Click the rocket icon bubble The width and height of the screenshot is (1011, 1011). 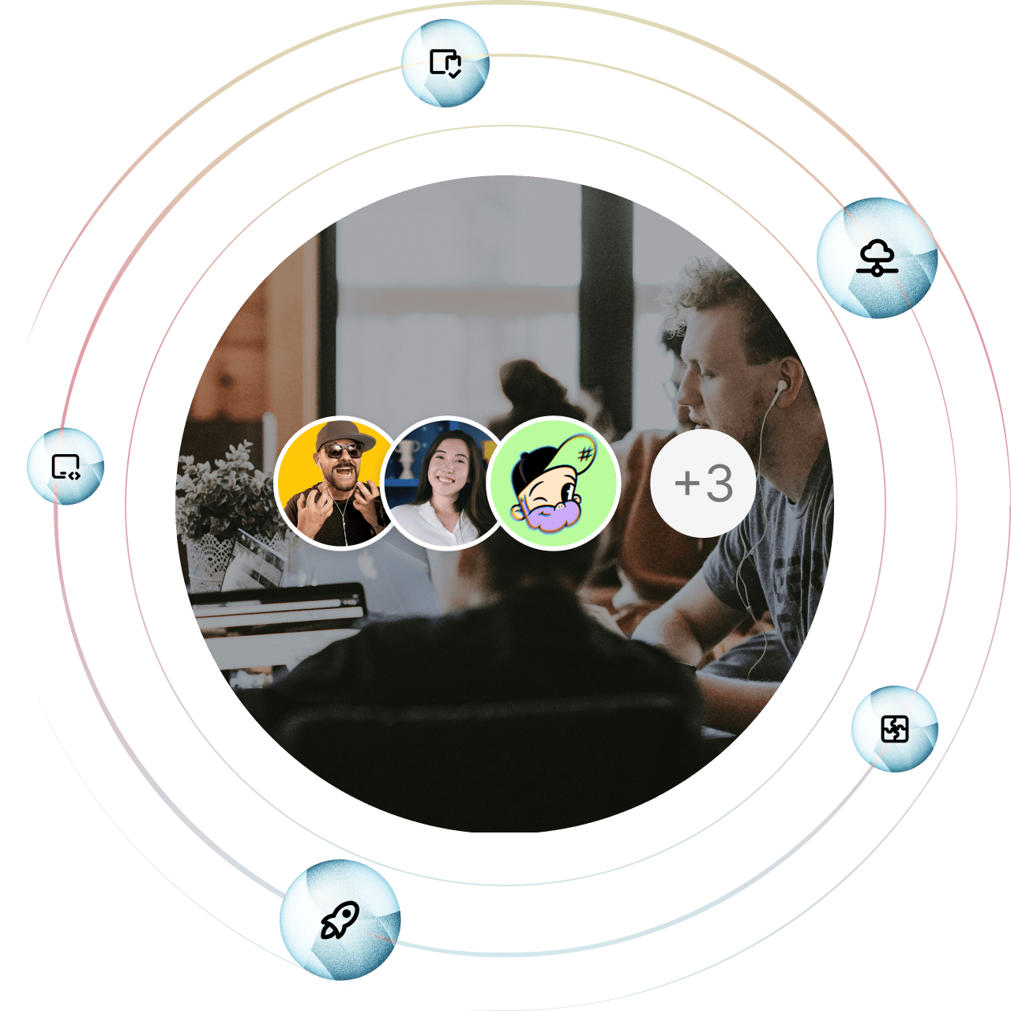[x=340, y=920]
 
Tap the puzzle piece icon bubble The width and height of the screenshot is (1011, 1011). [x=894, y=728]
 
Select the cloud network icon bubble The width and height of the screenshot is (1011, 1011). [x=876, y=257]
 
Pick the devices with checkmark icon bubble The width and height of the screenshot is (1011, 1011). [x=445, y=62]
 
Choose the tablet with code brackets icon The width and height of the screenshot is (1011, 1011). [x=66, y=467]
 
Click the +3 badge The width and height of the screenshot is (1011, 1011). [x=703, y=483]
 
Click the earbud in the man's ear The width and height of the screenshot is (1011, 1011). [x=780, y=387]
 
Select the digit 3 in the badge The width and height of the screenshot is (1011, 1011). [x=720, y=483]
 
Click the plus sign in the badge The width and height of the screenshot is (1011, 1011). [x=686, y=483]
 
